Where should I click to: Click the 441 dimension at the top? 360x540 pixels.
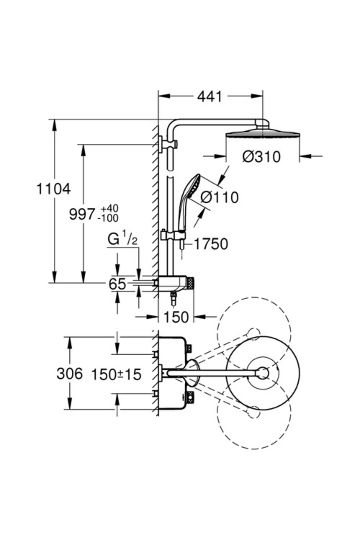[210, 97]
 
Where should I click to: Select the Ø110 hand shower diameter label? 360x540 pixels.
[219, 197]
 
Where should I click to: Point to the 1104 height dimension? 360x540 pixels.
[53, 189]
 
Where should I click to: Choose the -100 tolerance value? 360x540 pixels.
[108, 218]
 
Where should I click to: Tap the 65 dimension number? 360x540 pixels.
[117, 284]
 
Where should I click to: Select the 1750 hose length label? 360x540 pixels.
[211, 244]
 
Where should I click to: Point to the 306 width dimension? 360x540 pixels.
[69, 374]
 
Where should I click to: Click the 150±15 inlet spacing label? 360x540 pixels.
[116, 374]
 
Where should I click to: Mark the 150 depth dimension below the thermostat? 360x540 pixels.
[176, 317]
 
